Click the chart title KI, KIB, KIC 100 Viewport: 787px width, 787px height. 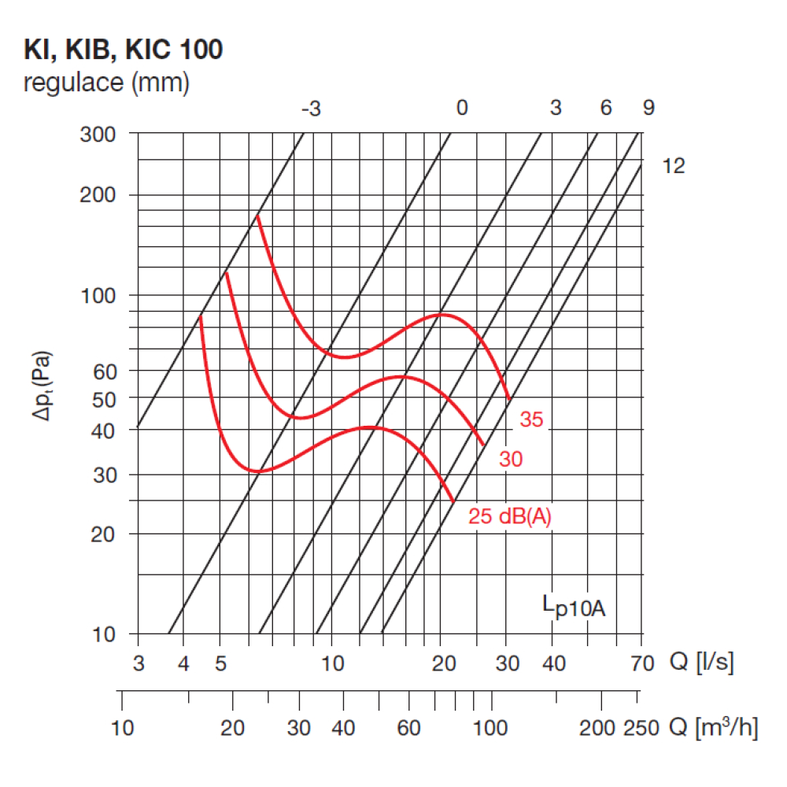123,49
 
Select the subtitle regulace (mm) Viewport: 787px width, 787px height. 106,83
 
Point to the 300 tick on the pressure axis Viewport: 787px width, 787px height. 98,135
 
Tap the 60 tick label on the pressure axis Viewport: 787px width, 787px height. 105,372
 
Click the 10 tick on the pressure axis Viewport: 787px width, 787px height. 104,634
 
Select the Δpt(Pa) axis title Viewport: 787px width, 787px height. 42,386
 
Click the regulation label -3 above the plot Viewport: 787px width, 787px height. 311,109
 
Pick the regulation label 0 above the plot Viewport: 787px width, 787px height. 462,107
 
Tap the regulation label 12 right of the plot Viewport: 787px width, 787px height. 674,166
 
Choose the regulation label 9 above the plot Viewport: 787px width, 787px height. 649,107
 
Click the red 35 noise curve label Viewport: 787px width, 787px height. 531,419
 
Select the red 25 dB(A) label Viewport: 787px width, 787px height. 510,516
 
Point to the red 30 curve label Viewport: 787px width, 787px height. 511,460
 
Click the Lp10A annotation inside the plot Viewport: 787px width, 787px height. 575,606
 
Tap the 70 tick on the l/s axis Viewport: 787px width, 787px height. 642,663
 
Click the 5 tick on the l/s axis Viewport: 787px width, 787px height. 221,663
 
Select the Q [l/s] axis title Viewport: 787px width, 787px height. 702,662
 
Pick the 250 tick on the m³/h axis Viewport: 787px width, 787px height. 641,728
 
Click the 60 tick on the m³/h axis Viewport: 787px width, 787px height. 408,728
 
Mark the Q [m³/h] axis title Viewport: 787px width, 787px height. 714,727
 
